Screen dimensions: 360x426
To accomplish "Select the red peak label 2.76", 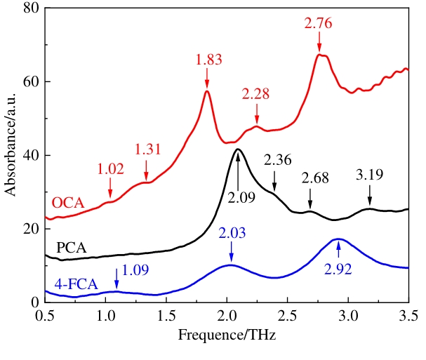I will point(319,23).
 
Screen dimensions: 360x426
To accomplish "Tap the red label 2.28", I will point(255,94).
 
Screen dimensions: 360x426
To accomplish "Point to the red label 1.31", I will point(148,149).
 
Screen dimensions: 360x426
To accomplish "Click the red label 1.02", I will point(109,171).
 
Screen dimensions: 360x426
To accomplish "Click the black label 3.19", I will point(370,175).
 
